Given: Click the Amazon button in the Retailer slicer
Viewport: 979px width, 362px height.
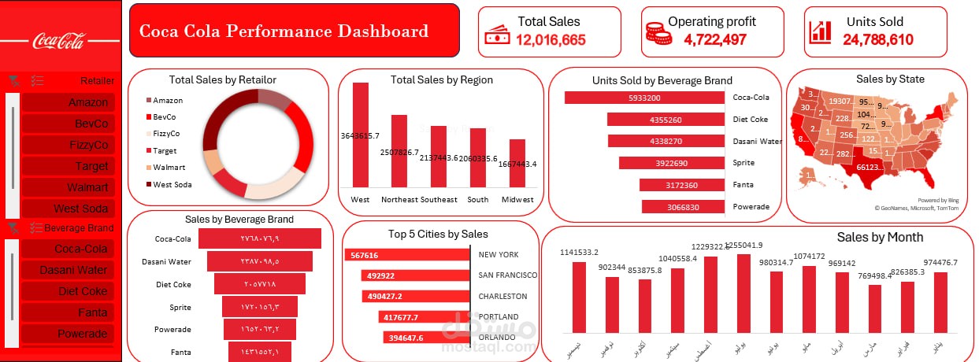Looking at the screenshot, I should [x=68, y=102].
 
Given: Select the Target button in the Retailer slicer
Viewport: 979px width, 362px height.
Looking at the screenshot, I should [x=68, y=166].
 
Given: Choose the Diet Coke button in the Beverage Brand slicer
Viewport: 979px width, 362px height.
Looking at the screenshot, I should [x=68, y=291].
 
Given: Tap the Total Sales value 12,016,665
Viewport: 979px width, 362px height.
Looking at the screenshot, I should [x=551, y=39].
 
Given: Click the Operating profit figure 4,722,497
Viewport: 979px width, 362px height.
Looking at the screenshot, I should [x=714, y=39].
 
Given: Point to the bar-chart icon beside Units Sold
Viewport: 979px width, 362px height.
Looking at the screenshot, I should [x=820, y=31].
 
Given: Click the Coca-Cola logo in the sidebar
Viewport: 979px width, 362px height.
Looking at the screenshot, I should [x=58, y=41].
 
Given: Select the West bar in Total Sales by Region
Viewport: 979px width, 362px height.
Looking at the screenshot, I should [x=360, y=134].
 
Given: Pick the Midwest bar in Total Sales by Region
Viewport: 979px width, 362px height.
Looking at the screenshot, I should [x=517, y=163].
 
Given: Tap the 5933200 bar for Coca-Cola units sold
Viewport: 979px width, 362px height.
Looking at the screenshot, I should [x=644, y=98].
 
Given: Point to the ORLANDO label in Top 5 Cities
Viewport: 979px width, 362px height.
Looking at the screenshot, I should [x=496, y=338].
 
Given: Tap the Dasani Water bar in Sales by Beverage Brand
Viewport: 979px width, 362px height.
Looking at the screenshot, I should [x=260, y=261].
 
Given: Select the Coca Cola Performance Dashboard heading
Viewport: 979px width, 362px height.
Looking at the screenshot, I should [x=284, y=31].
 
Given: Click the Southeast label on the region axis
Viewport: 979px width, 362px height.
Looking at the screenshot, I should [x=439, y=199].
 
